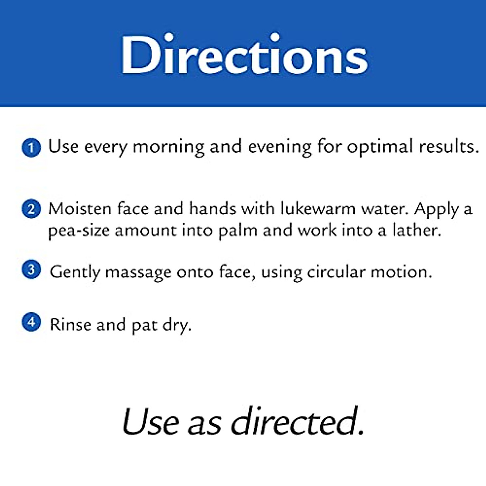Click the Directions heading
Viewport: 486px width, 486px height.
click(x=244, y=54)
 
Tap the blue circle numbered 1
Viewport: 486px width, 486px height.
click(x=31, y=147)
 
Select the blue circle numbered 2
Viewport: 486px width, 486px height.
click(x=31, y=209)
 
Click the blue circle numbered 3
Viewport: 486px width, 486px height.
click(x=31, y=270)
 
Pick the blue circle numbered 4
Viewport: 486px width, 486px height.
click(x=31, y=322)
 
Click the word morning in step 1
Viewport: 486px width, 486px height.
click(x=168, y=147)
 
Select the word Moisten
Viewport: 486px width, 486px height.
click(x=80, y=209)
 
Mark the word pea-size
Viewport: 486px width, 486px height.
click(x=79, y=232)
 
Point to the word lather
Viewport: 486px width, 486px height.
click(x=417, y=230)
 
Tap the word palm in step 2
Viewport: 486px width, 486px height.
click(x=238, y=232)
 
